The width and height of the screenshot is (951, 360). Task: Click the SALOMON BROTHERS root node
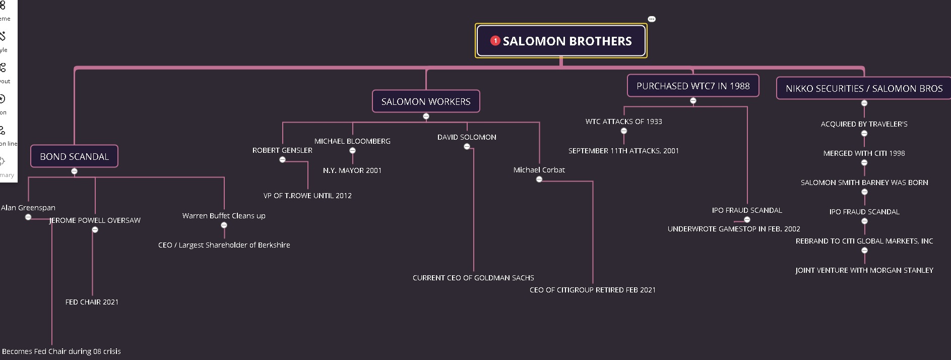coord(566,41)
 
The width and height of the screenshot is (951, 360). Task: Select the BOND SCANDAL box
coord(74,157)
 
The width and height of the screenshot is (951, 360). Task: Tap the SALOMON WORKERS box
coord(426,102)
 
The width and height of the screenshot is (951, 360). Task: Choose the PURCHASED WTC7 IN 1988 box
coord(693,86)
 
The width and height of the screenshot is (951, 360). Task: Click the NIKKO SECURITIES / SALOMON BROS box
coord(864,89)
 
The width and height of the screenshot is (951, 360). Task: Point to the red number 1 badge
coord(495,40)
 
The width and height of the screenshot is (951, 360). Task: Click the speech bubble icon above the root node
coord(652,19)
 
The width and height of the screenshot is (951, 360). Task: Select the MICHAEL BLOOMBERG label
coord(352,141)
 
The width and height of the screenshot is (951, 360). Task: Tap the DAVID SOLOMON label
coord(467,137)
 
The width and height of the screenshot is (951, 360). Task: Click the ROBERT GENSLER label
coord(282,150)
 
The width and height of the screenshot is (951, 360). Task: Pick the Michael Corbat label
coord(539,170)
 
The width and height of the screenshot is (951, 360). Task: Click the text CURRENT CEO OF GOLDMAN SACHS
coord(473,278)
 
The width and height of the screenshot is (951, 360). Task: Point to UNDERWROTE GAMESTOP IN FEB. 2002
coord(734,229)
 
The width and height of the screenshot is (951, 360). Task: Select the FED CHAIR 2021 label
coord(92,302)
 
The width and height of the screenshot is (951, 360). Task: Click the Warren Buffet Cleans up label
coord(224,216)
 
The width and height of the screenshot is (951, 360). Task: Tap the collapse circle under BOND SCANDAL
coord(74,171)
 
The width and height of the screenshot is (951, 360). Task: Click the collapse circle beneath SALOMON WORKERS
coord(426,116)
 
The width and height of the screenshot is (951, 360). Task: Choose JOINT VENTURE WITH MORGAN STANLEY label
coord(864,270)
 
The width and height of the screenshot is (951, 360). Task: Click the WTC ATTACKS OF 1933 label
coord(623,122)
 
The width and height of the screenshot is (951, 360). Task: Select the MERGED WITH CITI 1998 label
coord(864,153)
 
